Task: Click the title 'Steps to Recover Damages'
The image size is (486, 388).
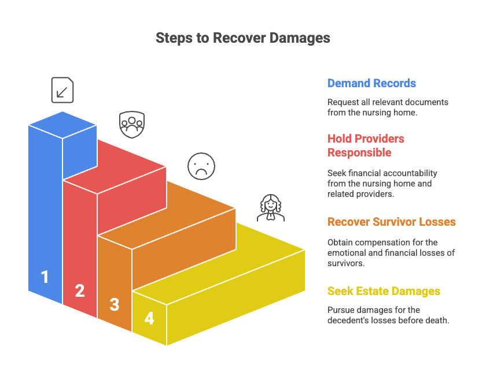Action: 242,38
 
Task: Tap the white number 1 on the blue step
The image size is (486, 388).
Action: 45,277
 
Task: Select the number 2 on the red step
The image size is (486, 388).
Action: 80,290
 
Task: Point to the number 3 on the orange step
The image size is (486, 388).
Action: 115,304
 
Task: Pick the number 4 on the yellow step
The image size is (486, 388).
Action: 149,318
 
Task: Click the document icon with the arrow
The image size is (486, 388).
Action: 62,90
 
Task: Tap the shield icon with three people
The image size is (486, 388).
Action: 132,125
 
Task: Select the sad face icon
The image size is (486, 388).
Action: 201,166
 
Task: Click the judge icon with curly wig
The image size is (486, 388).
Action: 271,208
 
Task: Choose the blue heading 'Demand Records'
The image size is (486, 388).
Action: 371,83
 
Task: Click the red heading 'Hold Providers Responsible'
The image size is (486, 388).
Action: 366,145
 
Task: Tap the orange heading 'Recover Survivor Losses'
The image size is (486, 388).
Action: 392,222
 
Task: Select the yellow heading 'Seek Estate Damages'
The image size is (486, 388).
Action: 384,291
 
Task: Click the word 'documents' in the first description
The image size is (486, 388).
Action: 426,102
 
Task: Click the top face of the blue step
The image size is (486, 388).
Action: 62,125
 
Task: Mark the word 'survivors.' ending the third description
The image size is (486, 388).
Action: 346,263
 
